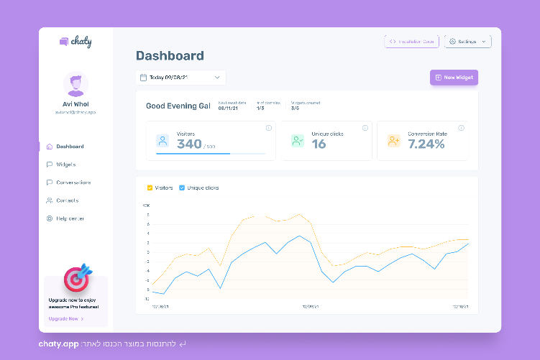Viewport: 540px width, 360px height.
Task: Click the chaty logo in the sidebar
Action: point(75,42)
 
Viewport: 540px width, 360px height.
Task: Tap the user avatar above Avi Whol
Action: point(75,84)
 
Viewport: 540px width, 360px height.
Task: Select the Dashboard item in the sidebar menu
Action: point(70,147)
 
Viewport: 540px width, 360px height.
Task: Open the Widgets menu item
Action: point(65,165)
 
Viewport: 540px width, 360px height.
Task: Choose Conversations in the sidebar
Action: point(73,183)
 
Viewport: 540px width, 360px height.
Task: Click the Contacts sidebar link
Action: point(67,200)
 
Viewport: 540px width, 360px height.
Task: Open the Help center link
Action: point(70,218)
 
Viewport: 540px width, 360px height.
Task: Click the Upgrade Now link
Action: point(65,318)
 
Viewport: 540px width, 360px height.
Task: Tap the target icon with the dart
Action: point(77,278)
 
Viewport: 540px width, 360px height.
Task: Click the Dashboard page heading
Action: point(170,56)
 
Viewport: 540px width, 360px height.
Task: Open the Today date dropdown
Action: point(180,78)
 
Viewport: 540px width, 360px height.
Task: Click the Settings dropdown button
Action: point(467,42)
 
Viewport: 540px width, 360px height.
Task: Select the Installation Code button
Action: point(411,42)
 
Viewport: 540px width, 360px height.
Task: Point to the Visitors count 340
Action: point(189,144)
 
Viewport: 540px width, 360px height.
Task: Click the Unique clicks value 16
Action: point(319,144)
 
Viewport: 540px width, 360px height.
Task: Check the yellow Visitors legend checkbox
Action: point(150,188)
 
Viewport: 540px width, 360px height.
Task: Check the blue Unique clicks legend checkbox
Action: point(182,188)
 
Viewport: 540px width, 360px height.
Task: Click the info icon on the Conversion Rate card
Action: point(462,128)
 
